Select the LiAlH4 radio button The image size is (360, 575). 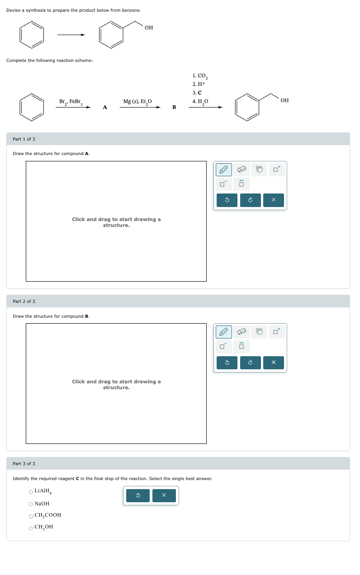tap(31, 492)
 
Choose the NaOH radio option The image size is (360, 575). tap(31, 504)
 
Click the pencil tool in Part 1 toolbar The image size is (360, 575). tap(224, 170)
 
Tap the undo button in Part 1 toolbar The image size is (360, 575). tap(227, 200)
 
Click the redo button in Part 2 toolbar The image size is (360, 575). tap(250, 363)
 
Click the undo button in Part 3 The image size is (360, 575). tap(138, 496)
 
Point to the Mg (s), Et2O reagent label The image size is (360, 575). tap(137, 102)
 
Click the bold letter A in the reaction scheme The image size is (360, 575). tap(105, 108)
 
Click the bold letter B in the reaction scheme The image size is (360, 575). tap(174, 108)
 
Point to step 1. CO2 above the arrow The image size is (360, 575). tap(199, 76)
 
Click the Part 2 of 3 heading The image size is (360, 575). tap(24, 302)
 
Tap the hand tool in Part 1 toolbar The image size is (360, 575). tap(259, 170)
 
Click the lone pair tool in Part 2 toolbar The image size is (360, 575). tap(242, 347)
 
